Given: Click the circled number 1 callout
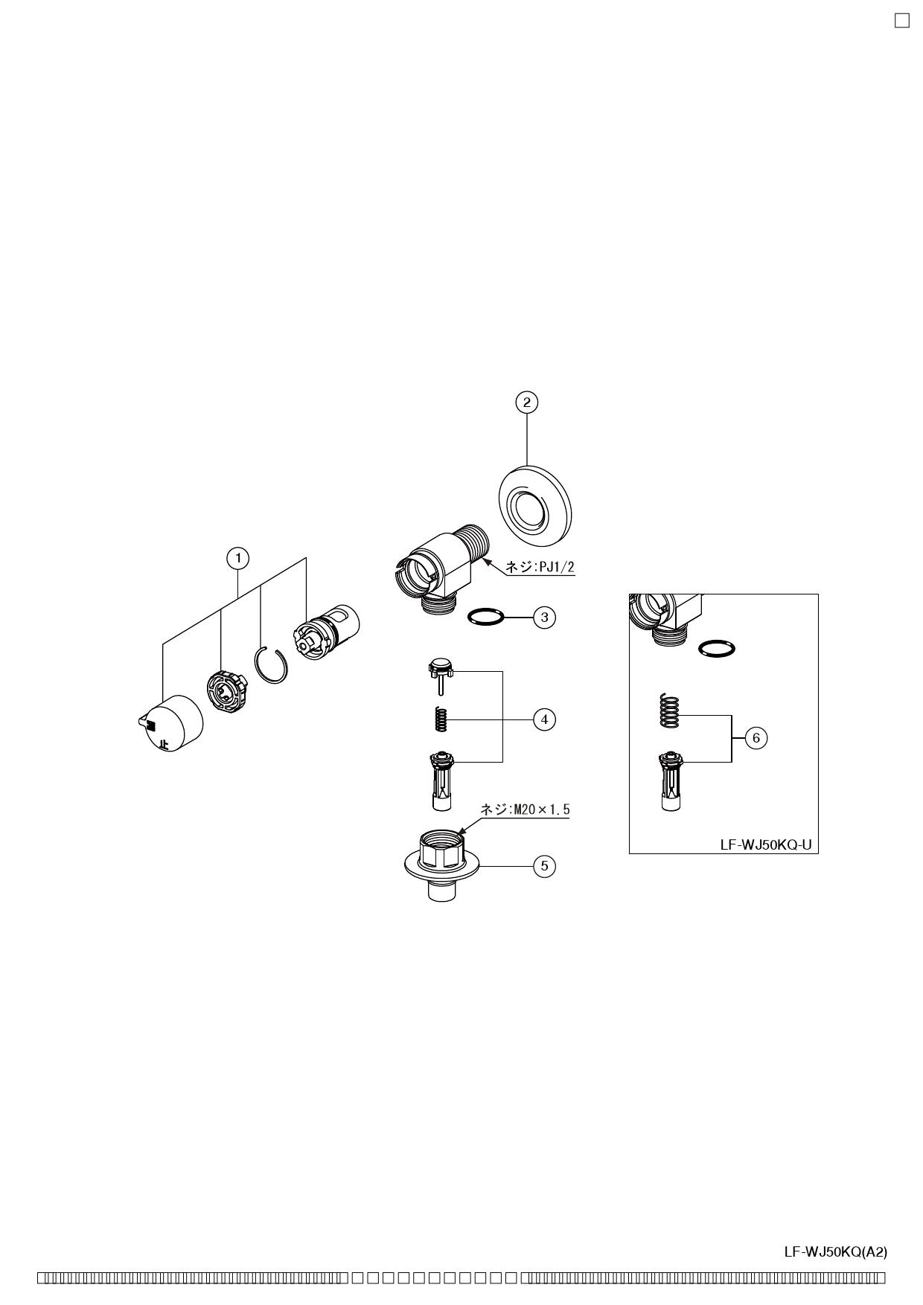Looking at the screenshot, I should click(x=238, y=558).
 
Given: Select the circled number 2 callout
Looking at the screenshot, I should click(x=527, y=403).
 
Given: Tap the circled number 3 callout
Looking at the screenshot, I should click(x=545, y=618).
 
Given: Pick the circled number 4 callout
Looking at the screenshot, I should click(x=545, y=719).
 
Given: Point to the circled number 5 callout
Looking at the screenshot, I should click(x=545, y=866).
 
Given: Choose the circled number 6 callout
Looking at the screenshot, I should click(x=756, y=738).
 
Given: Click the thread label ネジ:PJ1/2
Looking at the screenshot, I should click(x=540, y=567).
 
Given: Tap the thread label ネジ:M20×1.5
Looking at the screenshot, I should click(x=525, y=809).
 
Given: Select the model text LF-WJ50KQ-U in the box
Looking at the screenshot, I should click(x=765, y=845).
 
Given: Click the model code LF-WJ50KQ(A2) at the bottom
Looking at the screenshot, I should click(x=835, y=1252).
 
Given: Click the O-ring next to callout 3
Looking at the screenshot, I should click(x=485, y=617).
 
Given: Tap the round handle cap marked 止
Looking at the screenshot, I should click(x=174, y=724).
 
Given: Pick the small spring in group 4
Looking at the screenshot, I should click(x=441, y=719).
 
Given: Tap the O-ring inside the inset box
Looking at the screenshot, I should click(x=718, y=648).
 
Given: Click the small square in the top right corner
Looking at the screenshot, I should click(x=901, y=20).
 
